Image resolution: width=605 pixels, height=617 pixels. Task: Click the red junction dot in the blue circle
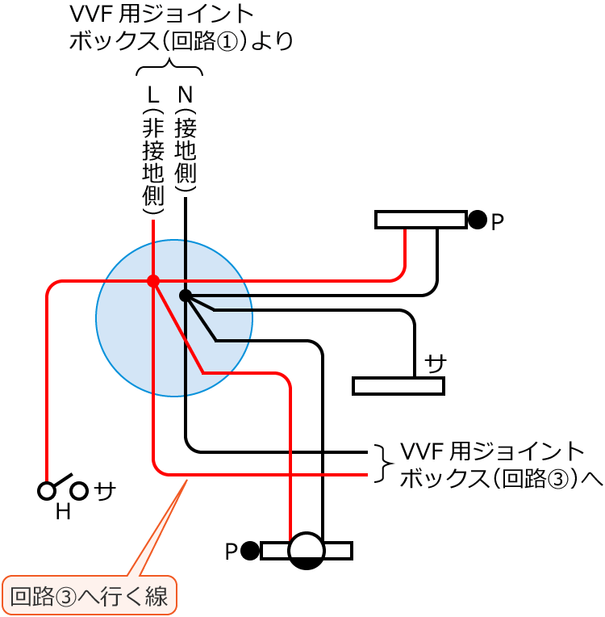coord(152,281)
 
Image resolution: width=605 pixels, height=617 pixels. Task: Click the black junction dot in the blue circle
coord(185,296)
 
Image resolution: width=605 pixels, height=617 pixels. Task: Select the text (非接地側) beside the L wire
coord(153,162)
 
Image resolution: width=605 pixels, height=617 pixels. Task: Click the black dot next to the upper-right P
coord(478,220)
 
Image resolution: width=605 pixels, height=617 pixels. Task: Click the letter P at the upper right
coord(497,222)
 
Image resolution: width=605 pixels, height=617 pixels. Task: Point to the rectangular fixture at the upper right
coord(421,220)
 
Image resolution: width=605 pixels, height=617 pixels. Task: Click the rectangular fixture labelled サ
coord(398,386)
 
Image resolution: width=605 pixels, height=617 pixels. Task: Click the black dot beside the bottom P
coord(250,551)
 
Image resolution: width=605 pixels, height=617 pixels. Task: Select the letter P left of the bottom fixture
coord(231,552)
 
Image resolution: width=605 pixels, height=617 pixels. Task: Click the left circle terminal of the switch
coord(48,490)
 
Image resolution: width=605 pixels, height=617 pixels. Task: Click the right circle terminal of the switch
coord(78,490)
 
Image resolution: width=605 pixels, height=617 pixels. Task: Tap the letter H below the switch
coord(62,512)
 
